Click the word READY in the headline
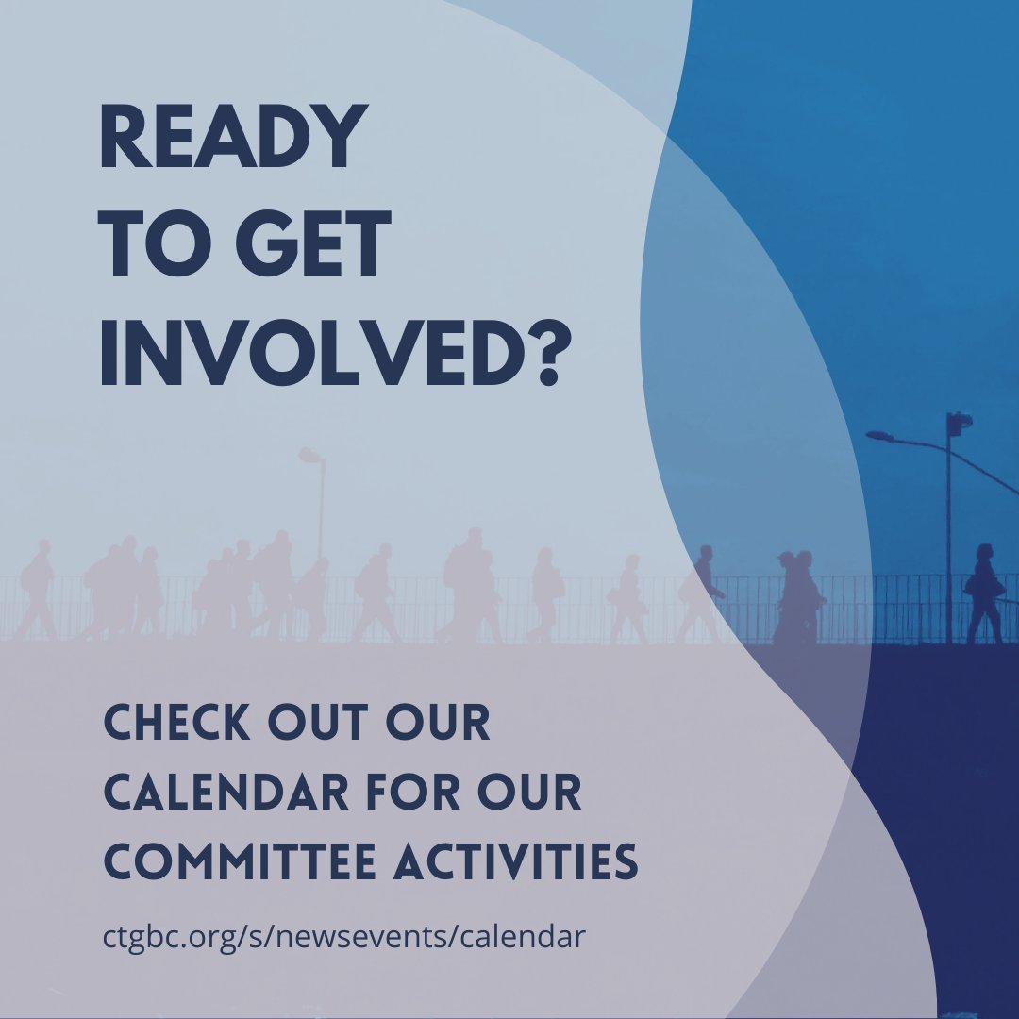pyautogui.click(x=232, y=137)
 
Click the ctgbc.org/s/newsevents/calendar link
pyautogui.click(x=343, y=938)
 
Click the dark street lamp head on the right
pyautogui.click(x=879, y=435)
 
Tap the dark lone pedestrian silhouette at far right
pyautogui.click(x=983, y=594)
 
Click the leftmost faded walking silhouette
pyautogui.click(x=38, y=591)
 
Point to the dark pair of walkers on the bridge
pyautogui.click(x=797, y=596)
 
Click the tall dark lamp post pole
pyautogui.click(x=949, y=538)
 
